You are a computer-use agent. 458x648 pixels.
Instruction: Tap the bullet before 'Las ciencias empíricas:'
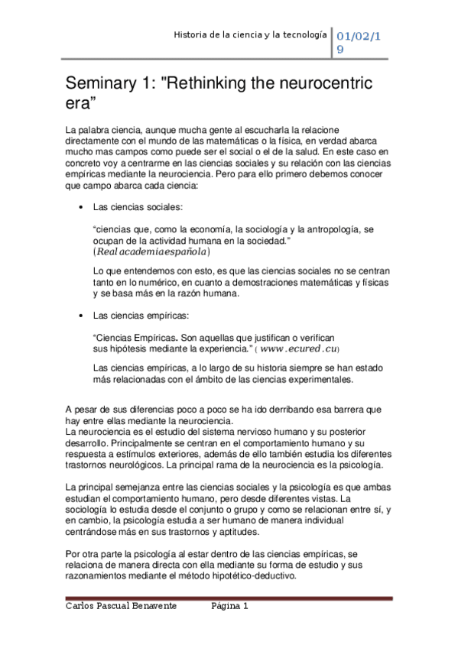pos(80,315)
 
